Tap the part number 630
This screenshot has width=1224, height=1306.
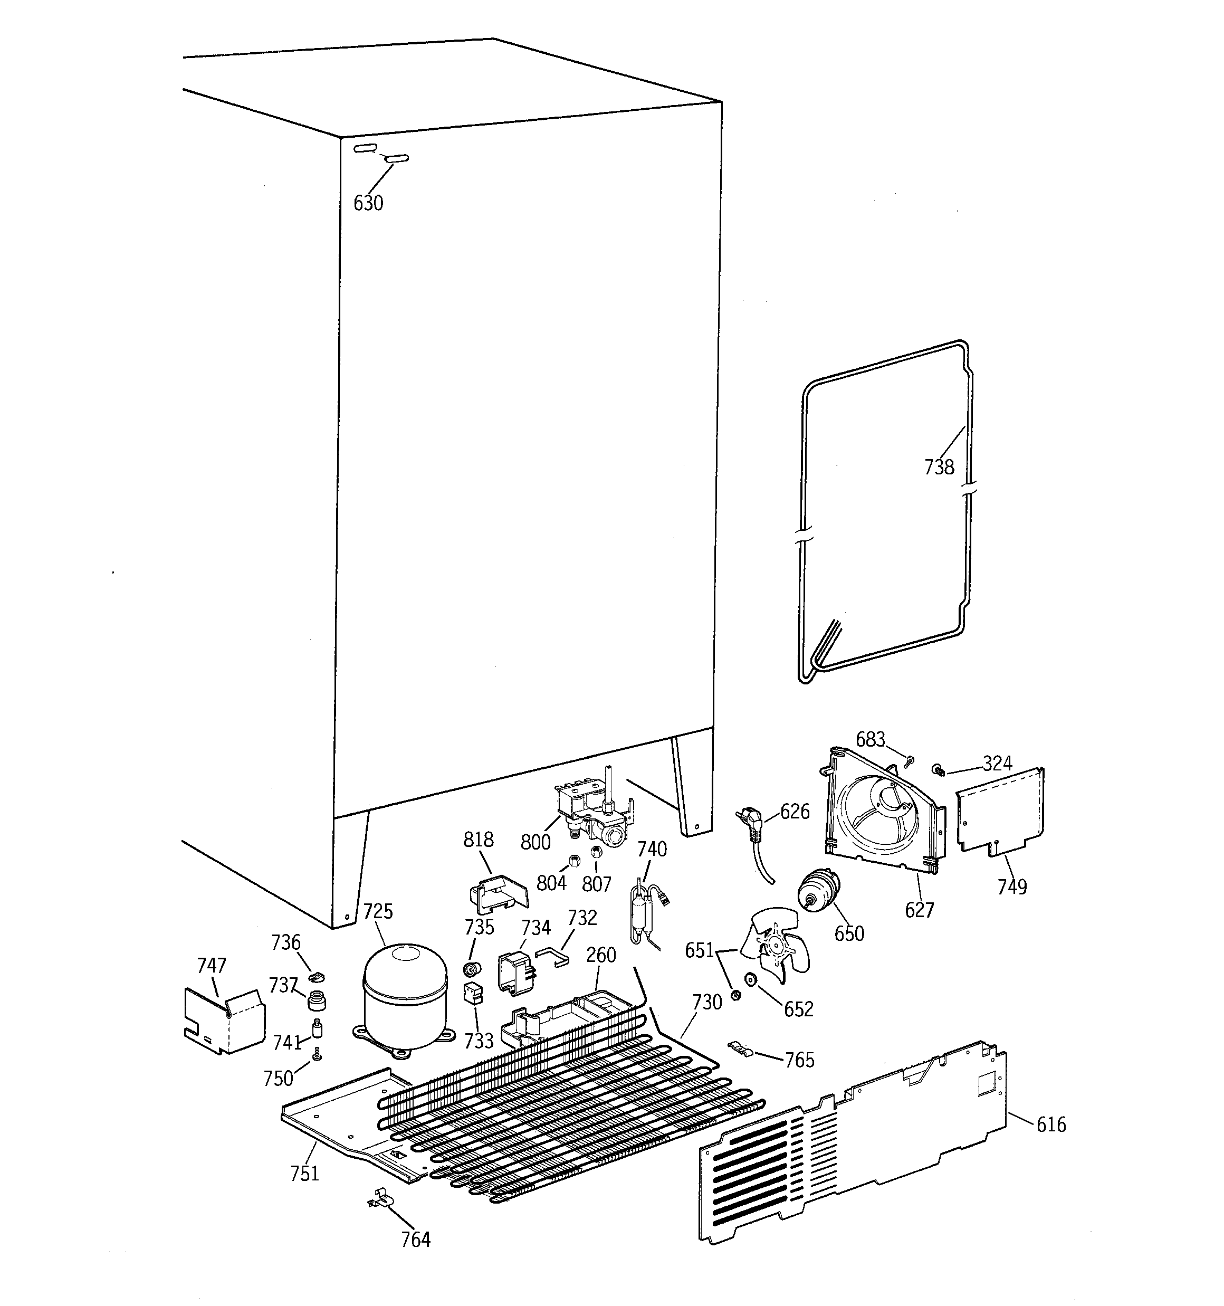[368, 203]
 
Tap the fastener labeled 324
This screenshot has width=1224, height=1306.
[938, 769]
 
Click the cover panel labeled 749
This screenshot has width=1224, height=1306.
[999, 813]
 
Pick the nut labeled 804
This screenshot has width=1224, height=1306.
[573, 860]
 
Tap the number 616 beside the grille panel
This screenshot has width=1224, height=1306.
[1050, 1124]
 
